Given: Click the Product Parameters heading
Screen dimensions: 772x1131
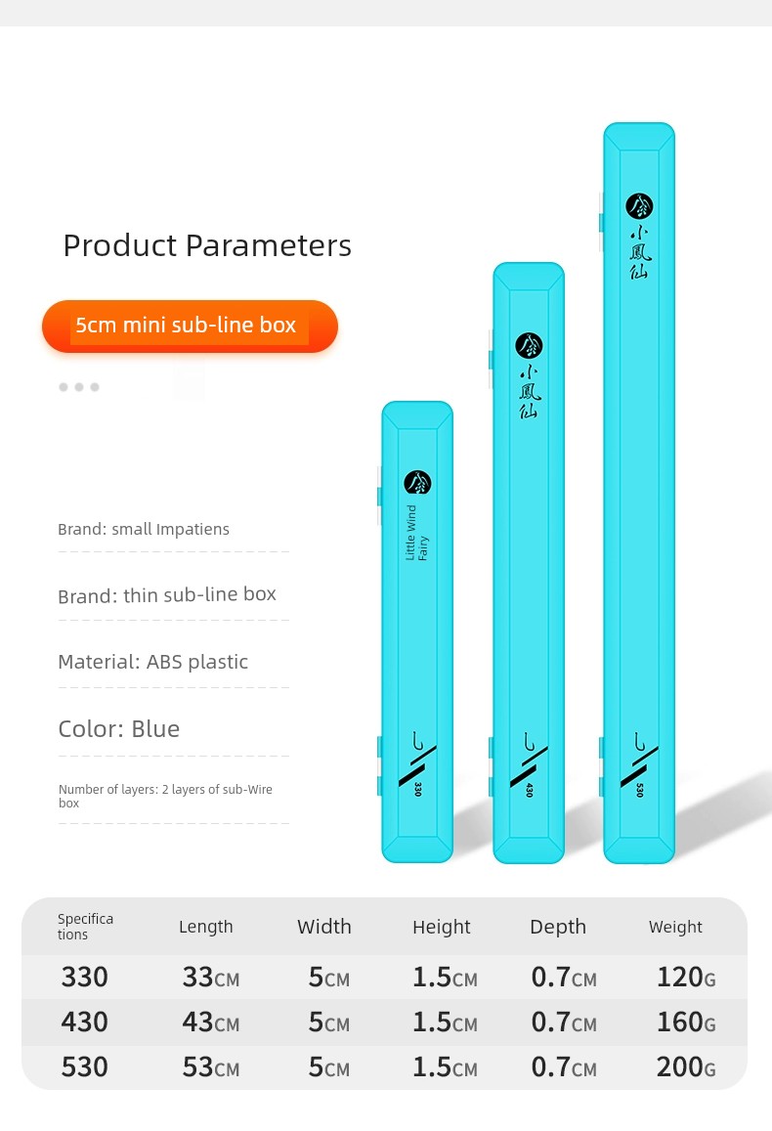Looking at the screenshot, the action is [207, 245].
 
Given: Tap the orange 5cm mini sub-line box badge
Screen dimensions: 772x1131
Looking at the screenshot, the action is [190, 326].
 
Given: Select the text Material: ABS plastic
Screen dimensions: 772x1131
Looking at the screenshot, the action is [152, 662].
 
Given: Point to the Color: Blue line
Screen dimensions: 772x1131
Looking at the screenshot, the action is [119, 728].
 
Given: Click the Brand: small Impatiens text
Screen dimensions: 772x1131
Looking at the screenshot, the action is [144, 530].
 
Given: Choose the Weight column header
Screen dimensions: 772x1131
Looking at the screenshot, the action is [675, 927].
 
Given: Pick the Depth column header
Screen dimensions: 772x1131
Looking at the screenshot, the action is [558, 927].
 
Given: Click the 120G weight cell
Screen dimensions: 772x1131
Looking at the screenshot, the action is [686, 978].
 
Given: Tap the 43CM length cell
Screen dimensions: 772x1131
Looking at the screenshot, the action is [210, 1022].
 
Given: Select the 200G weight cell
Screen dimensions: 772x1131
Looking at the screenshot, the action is [686, 1066].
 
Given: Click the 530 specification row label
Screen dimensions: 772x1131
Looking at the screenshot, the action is [84, 1066].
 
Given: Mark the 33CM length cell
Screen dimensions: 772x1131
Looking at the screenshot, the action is [210, 978].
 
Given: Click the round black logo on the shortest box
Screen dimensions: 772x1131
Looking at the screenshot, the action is [417, 482].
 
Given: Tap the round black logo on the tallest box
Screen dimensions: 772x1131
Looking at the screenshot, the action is [639, 206].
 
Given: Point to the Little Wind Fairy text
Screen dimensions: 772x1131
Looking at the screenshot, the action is [416, 533].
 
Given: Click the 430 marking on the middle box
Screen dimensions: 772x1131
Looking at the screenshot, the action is [529, 790].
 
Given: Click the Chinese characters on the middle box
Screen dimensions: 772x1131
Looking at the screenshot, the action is [529, 392].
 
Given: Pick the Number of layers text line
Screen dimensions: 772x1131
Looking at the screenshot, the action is [165, 797].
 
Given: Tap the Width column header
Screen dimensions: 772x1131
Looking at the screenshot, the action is [324, 927].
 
